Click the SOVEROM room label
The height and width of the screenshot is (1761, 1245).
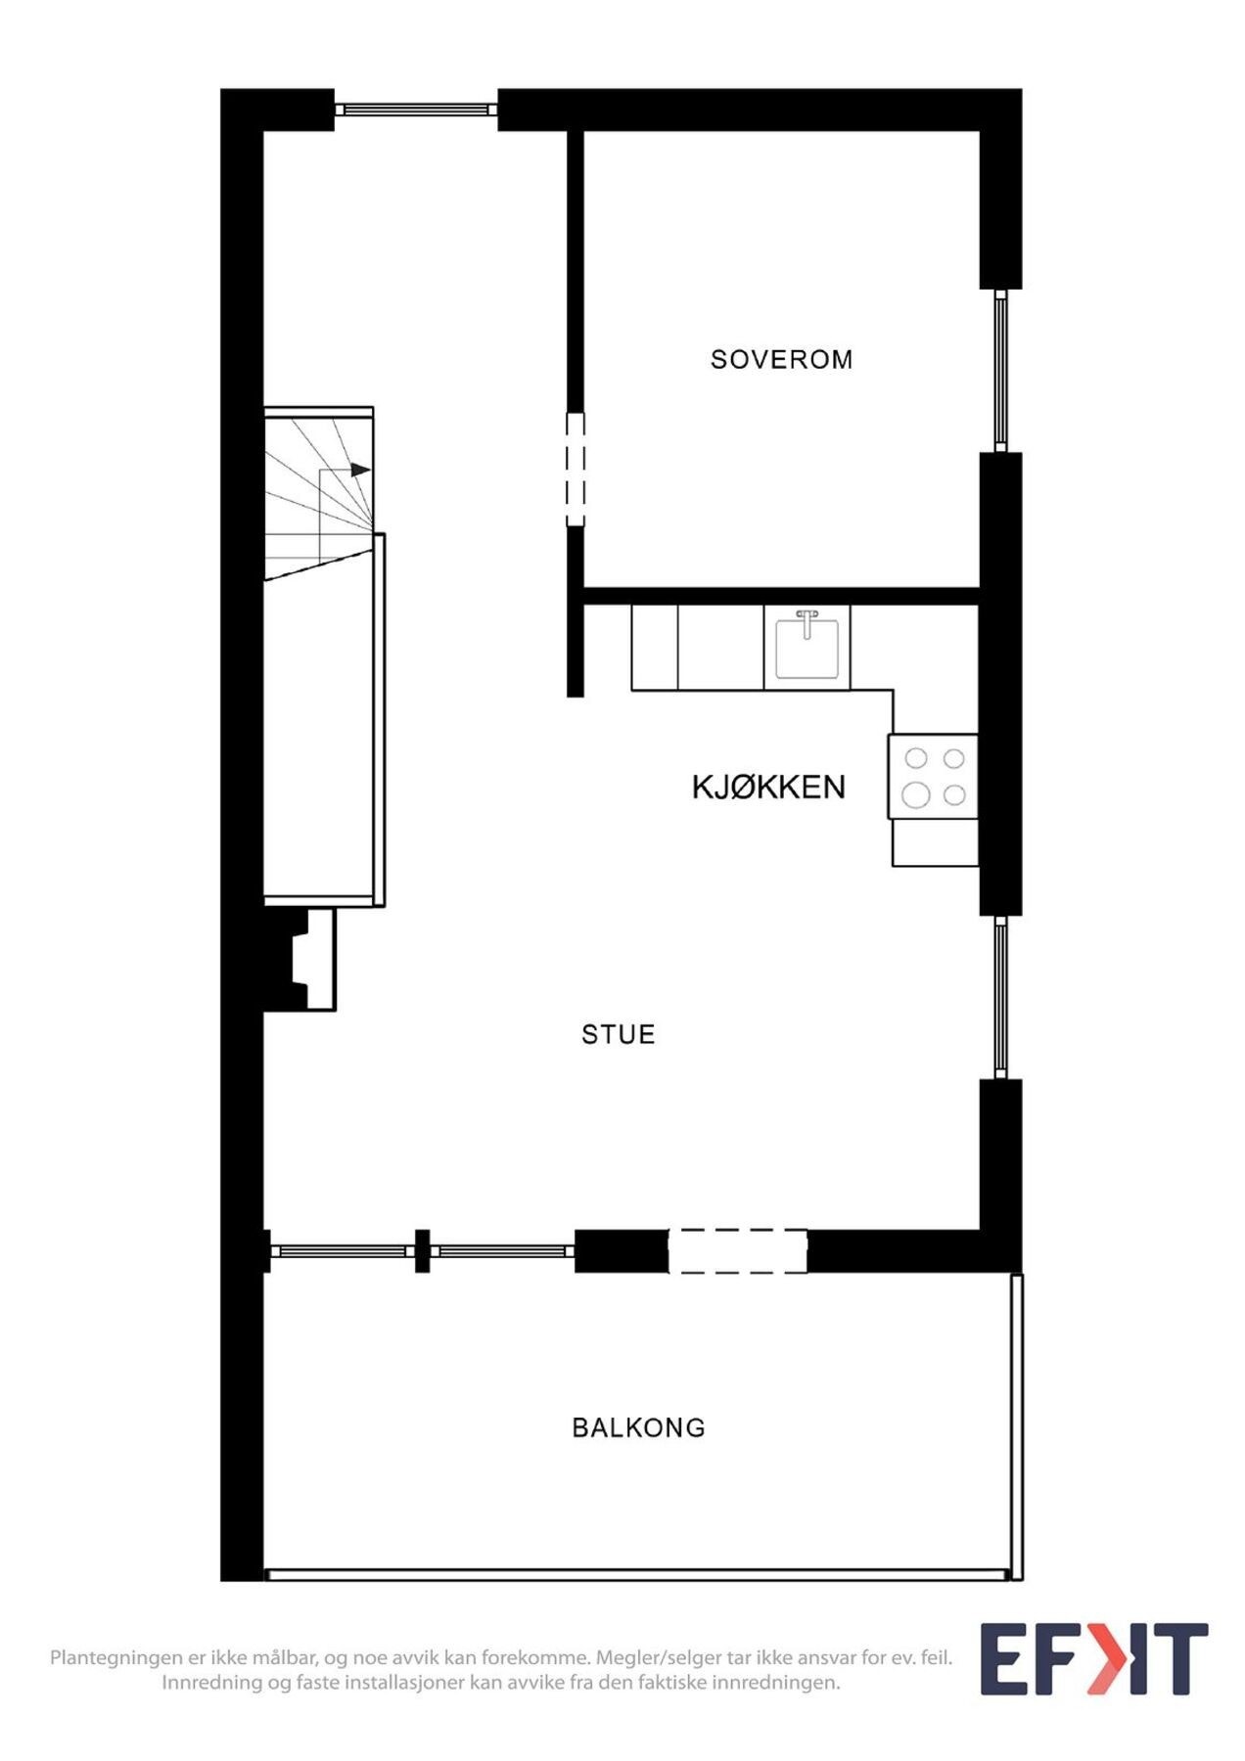pyautogui.click(x=781, y=360)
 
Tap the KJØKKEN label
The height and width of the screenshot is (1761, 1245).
pyautogui.click(x=768, y=788)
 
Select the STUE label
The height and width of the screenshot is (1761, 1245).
pyautogui.click(x=618, y=1035)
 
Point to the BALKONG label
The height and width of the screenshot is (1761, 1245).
pyautogui.click(x=638, y=1428)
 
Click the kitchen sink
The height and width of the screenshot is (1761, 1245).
pyautogui.click(x=807, y=650)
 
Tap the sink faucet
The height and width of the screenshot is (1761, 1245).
pyautogui.click(x=807, y=621)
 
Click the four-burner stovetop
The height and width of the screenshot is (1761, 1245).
pyautogui.click(x=934, y=776)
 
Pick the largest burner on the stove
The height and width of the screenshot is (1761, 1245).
pyautogui.click(x=916, y=794)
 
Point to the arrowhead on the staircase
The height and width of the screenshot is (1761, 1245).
pyautogui.click(x=361, y=471)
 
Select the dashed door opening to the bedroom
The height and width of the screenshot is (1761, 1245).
pyautogui.click(x=576, y=470)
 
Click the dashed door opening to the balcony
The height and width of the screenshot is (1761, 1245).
pyautogui.click(x=738, y=1251)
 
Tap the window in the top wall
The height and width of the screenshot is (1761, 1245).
pyautogui.click(x=416, y=110)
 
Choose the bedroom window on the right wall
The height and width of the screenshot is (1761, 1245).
pyautogui.click(x=1000, y=370)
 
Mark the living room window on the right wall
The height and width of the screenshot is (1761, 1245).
pyautogui.click(x=1000, y=997)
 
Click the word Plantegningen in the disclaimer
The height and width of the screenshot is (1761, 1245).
pyautogui.click(x=116, y=1658)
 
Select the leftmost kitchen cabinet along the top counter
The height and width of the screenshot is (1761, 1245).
pyautogui.click(x=655, y=648)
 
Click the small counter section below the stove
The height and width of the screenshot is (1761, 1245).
pyautogui.click(x=935, y=842)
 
